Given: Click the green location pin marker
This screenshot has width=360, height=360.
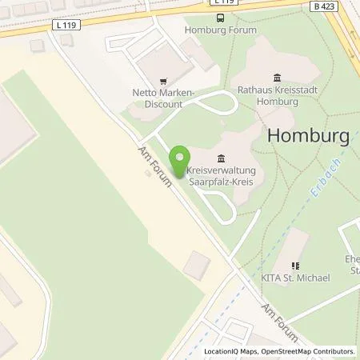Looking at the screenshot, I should click(x=182, y=157).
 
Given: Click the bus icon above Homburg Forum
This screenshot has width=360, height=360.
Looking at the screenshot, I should click(x=220, y=17).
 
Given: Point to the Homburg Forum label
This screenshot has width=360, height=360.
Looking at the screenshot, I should click(x=220, y=30).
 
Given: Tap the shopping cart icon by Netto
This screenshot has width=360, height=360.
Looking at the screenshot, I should click(x=163, y=81).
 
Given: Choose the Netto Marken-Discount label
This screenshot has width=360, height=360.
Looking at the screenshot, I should click(x=163, y=98).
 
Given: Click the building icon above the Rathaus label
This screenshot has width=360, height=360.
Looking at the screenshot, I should click(x=278, y=78).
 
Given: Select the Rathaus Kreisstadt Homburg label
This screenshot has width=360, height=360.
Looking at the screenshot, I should click(x=278, y=96).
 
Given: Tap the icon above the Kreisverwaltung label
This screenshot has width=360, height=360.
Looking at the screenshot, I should click(x=221, y=157).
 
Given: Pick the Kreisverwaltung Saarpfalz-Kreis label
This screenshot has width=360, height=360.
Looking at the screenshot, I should click(x=221, y=176).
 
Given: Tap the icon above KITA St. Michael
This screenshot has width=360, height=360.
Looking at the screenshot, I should click(x=295, y=265).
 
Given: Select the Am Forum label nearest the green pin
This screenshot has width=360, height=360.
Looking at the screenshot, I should click(x=155, y=166).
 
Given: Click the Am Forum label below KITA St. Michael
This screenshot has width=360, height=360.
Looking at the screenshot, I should click(x=280, y=323).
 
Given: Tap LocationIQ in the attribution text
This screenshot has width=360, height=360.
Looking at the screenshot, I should click(x=219, y=351).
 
